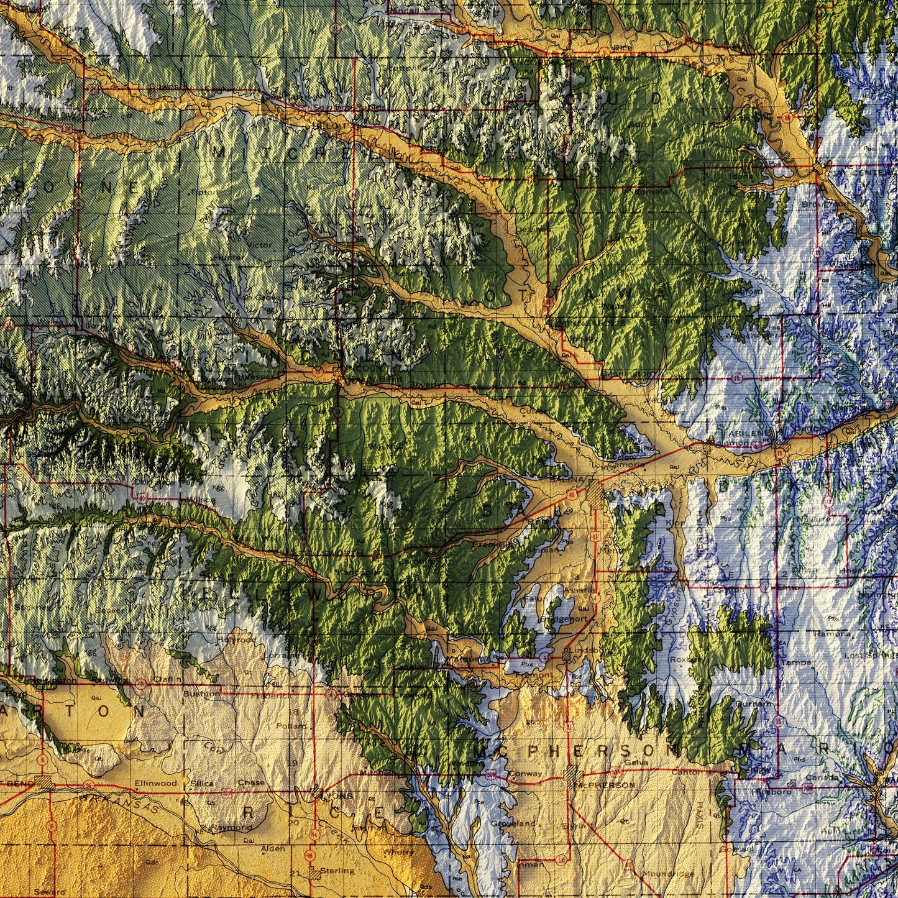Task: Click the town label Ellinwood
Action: click(155, 783)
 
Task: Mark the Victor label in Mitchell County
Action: click(260, 244)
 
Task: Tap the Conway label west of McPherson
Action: click(525, 774)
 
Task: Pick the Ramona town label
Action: click(833, 634)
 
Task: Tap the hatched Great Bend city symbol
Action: click(44, 781)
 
